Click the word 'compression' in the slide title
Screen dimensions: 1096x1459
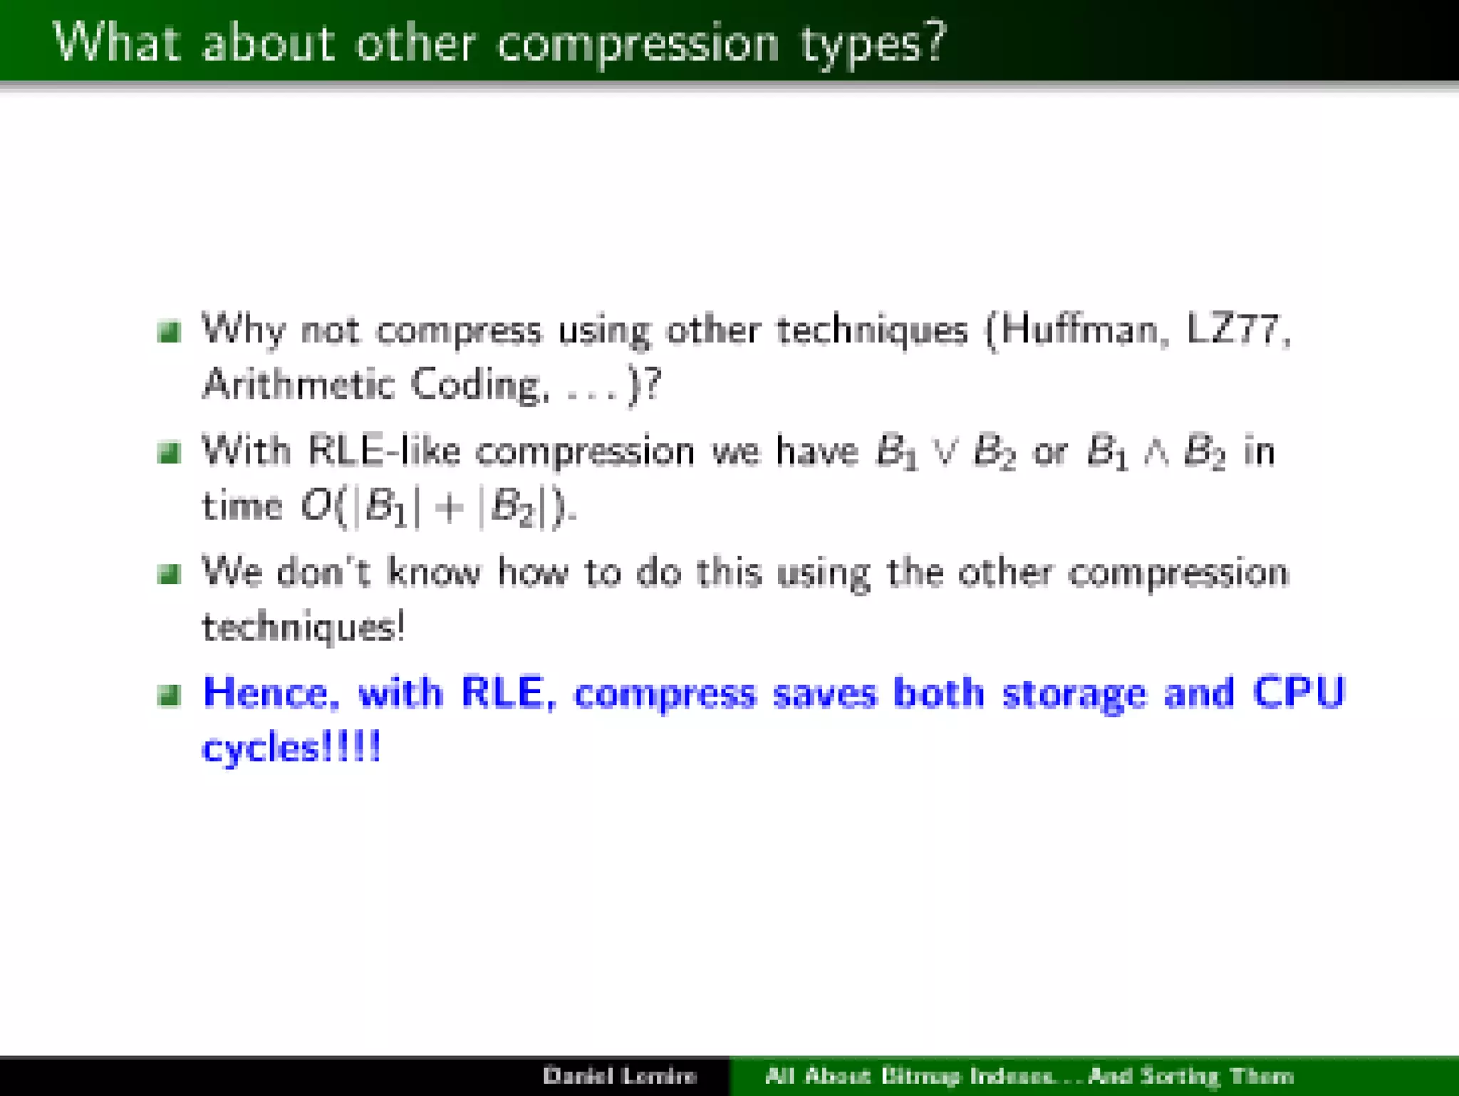(x=638, y=44)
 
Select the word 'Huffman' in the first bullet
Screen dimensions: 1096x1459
(x=1083, y=330)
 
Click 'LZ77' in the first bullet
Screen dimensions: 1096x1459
(x=1235, y=330)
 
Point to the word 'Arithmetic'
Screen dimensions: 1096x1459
(x=298, y=385)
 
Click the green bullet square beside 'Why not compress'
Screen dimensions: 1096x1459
(x=169, y=331)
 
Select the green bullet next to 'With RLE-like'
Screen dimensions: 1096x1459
(x=169, y=452)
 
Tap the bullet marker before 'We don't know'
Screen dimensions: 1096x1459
(x=169, y=573)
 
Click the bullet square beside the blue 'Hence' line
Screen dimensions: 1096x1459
(x=169, y=694)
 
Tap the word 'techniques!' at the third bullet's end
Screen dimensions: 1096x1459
(x=303, y=628)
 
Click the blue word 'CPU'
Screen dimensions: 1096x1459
(x=1298, y=692)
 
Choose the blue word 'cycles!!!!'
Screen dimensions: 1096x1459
(x=291, y=748)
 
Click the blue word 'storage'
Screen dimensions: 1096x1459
(x=1074, y=694)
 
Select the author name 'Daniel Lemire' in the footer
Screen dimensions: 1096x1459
(x=619, y=1075)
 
